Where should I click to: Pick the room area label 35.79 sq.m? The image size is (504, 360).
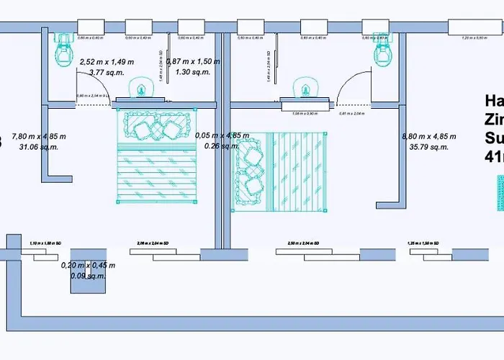(424, 147)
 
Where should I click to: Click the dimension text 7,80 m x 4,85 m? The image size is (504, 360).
(38, 136)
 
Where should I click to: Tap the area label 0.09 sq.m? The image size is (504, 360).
(87, 275)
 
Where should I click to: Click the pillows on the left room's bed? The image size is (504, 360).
(154, 127)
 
